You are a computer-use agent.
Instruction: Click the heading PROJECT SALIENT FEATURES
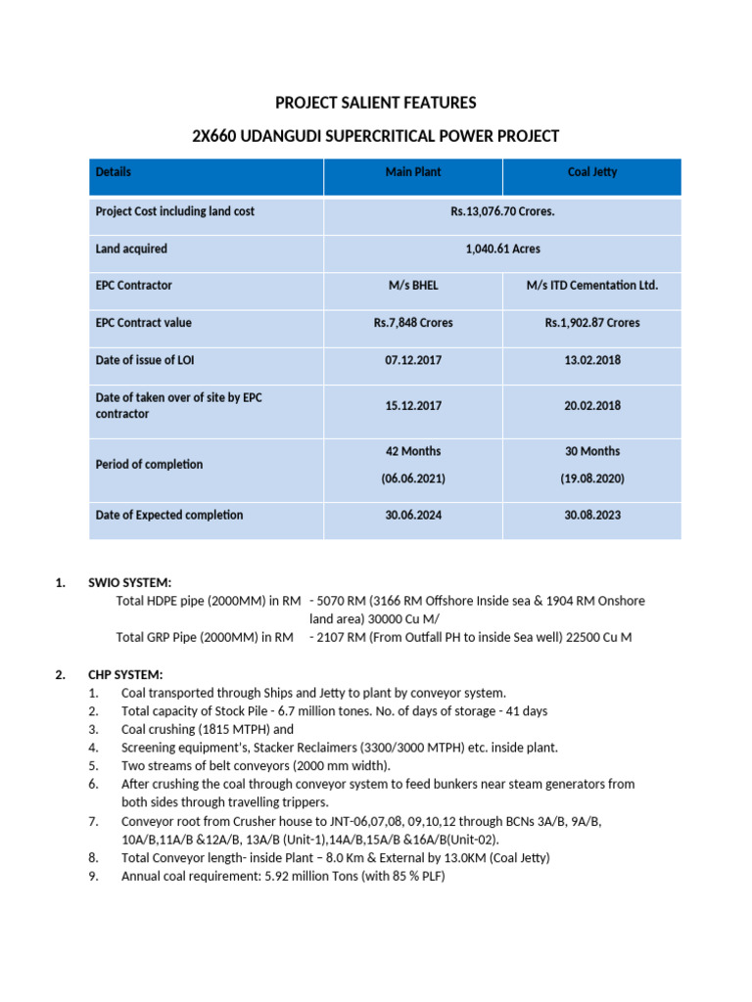[376, 102]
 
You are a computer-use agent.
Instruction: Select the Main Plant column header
[413, 172]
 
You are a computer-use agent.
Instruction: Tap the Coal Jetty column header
[592, 172]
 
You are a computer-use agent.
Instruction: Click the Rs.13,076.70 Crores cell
[503, 211]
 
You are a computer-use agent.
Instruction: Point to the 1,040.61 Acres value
[503, 250]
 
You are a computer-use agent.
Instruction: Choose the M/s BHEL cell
[413, 286]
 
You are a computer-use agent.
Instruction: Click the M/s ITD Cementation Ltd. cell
[592, 286]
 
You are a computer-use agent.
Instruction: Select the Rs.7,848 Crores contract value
[413, 323]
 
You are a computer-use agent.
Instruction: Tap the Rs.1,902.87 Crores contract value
[592, 323]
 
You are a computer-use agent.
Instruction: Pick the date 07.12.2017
[413, 361]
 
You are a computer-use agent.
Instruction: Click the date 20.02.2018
[592, 406]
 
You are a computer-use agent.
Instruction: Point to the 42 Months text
[413, 452]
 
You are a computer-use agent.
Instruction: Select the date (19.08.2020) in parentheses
[592, 479]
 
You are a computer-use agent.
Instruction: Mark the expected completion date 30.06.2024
[413, 516]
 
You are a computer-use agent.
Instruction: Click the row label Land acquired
[131, 250]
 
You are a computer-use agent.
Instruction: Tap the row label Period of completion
[149, 465]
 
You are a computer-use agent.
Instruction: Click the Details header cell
[114, 172]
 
